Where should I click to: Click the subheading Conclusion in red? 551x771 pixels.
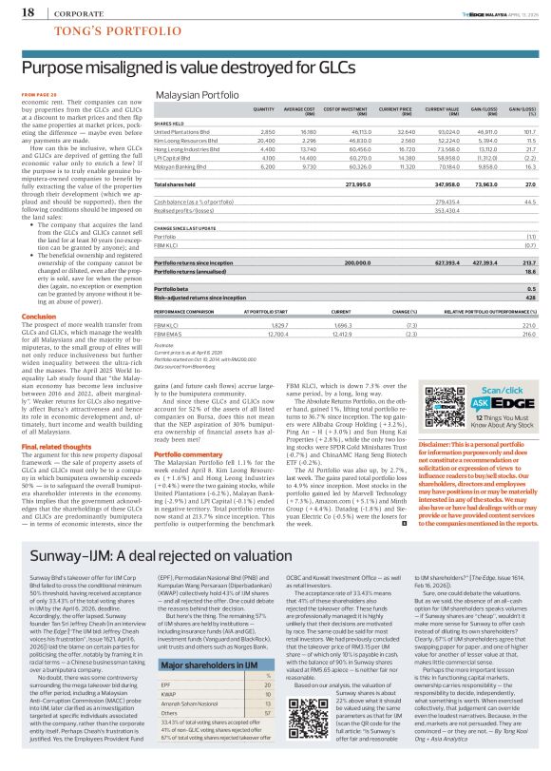pyautogui.click(x=38, y=316)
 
